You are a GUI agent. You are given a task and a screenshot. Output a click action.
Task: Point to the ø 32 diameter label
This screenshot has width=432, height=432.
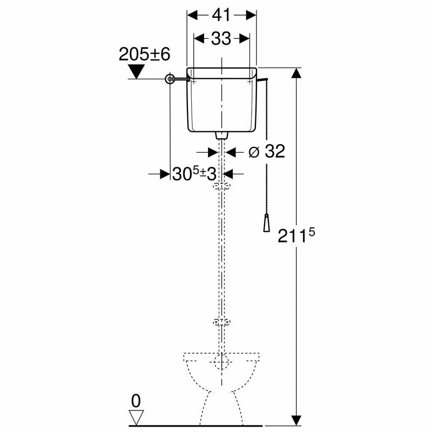click(266, 152)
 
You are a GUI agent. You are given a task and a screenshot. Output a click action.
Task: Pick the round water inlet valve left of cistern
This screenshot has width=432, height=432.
click(171, 79)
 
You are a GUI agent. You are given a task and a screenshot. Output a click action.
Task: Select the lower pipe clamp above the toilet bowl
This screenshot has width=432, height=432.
click(221, 323)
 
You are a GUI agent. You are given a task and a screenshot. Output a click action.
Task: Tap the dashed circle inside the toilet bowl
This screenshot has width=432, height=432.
click(221, 361)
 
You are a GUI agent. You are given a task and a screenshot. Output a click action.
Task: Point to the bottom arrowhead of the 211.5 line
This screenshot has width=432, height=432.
click(295, 418)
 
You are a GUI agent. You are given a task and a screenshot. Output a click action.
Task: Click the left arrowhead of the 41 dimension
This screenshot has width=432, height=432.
click(191, 14)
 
